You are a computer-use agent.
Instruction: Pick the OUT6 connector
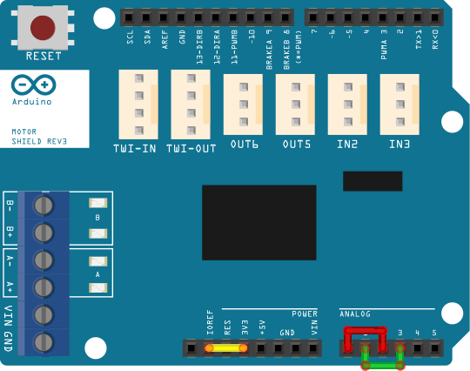(x=243, y=104)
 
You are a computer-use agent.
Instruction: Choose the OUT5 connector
(x=295, y=104)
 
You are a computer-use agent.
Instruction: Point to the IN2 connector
(x=347, y=104)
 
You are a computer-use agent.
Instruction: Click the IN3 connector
(x=399, y=104)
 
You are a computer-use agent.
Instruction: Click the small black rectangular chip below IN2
(x=373, y=180)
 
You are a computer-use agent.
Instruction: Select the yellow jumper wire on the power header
(x=225, y=348)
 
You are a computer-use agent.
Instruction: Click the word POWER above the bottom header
(x=304, y=314)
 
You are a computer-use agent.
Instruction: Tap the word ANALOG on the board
(x=355, y=314)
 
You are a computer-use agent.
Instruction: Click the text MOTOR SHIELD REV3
(x=38, y=136)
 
